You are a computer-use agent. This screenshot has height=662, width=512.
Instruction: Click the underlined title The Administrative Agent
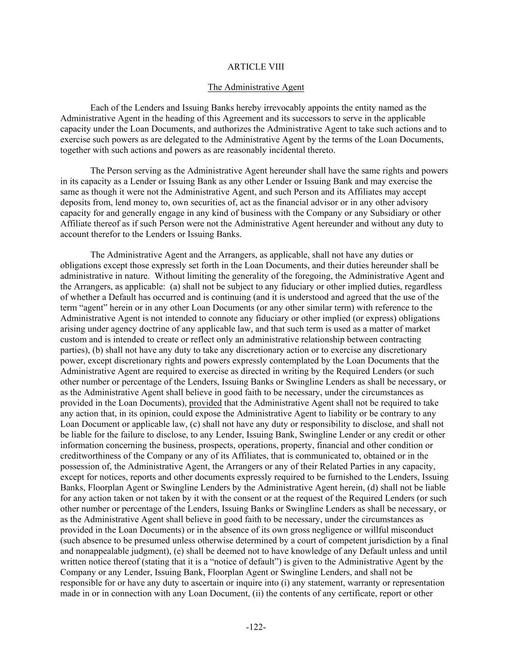coord(256,87)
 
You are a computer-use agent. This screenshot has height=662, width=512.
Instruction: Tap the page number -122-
coord(256,627)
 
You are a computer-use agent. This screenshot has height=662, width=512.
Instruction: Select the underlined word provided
coord(205,403)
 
